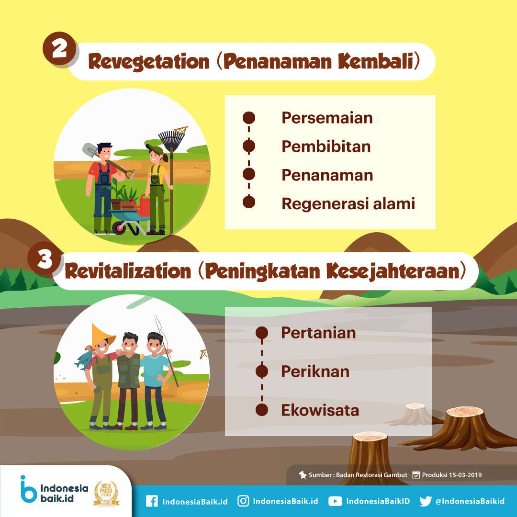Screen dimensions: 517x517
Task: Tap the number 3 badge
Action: pos(44,258)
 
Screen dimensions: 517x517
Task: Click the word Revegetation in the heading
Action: pos(149,62)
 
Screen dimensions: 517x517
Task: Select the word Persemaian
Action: pos(327,118)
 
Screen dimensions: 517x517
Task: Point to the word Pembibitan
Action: pos(326,146)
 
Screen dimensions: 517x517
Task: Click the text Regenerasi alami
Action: pos(348,203)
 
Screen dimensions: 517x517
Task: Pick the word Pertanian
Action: pos(318,333)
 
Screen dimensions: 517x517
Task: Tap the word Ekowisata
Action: pos(320,410)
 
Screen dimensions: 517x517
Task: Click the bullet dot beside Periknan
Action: pos(262,371)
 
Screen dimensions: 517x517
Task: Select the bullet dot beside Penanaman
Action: pos(249,174)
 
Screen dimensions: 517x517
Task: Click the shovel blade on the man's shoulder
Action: pos(90,150)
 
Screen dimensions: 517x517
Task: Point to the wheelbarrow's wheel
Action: pos(119,227)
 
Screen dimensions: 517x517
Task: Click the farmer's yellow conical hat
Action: pos(102,334)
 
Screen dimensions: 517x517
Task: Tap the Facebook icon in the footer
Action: pos(152,501)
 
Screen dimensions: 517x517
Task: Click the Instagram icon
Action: pos(243,501)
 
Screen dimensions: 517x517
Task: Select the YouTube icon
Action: pos(335,501)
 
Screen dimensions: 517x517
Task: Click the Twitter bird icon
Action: pos(426,501)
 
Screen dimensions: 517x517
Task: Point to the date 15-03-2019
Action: pos(465,475)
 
